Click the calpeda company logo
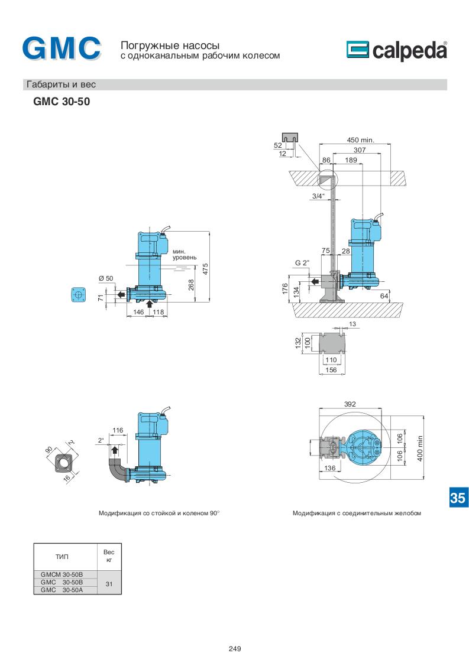(397, 50)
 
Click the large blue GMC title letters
(62, 48)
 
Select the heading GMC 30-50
(62, 102)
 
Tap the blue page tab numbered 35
(458, 498)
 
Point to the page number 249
(234, 649)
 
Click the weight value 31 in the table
(109, 584)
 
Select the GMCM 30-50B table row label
(62, 574)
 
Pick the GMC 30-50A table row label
(62, 590)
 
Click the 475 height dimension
(205, 269)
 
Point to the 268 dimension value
(191, 285)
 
